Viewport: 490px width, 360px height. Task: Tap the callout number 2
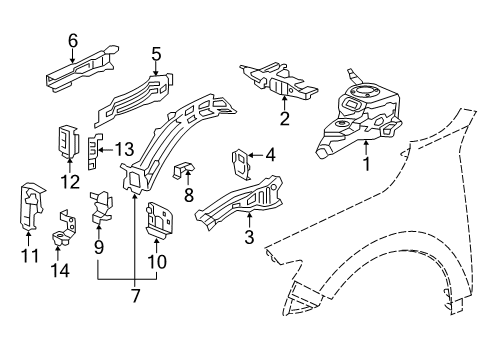click(284, 120)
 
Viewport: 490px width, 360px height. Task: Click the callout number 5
click(156, 54)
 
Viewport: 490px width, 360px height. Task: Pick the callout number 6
click(71, 40)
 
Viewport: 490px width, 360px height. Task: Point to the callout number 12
click(69, 180)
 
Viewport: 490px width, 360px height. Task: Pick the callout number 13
click(124, 149)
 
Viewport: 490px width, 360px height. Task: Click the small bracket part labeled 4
click(242, 160)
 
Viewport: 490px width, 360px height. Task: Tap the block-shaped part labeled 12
click(67, 142)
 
